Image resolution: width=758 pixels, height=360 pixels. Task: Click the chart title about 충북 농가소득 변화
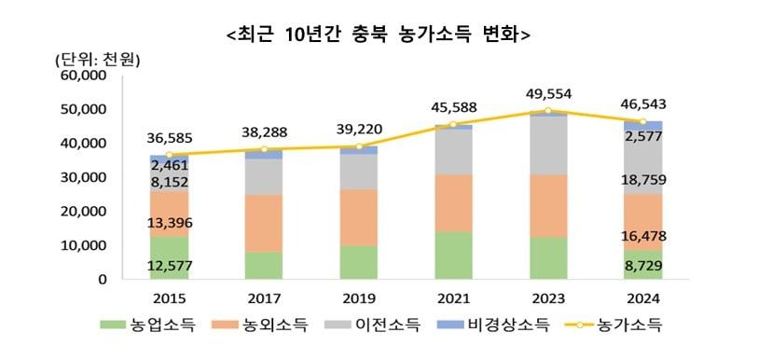point(379,34)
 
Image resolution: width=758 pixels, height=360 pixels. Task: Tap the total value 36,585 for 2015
point(168,138)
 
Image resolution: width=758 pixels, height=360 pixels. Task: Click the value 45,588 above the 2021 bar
point(454,107)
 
